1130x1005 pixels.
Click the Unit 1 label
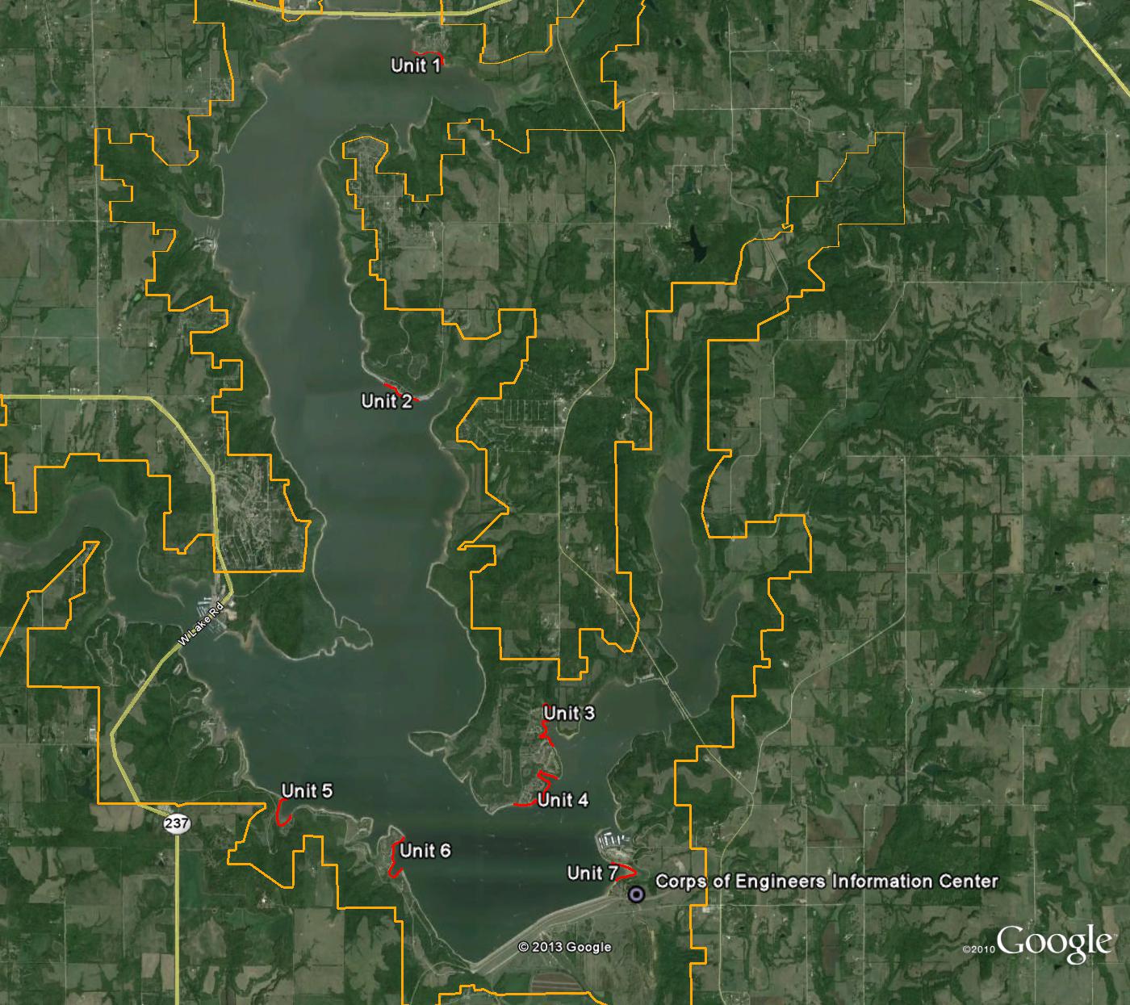(x=416, y=65)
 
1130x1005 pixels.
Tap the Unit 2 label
(x=387, y=401)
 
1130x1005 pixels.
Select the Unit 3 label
(x=569, y=713)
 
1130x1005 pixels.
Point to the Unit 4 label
(x=563, y=800)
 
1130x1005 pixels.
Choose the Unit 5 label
(x=307, y=791)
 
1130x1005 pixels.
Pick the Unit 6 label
(x=425, y=851)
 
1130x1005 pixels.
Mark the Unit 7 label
(x=592, y=873)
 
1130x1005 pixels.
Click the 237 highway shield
(x=176, y=823)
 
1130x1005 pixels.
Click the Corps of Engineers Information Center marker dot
(x=636, y=894)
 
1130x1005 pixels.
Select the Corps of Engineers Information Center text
(x=827, y=881)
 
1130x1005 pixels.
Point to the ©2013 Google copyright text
(x=564, y=947)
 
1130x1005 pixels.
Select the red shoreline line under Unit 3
(x=546, y=733)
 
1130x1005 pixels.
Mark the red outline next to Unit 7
(x=627, y=873)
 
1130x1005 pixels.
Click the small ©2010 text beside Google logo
(x=978, y=950)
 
